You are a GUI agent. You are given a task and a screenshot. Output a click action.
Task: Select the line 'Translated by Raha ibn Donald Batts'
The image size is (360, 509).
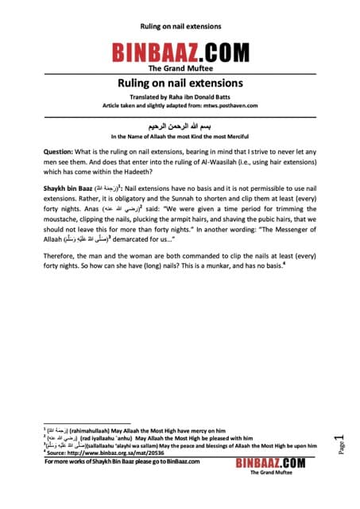(x=180, y=95)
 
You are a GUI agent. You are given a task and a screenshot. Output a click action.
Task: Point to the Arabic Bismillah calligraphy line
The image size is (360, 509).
(x=180, y=126)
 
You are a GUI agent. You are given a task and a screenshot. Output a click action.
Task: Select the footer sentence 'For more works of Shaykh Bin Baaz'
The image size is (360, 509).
(x=111, y=461)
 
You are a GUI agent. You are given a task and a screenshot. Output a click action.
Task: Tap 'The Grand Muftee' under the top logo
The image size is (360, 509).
(x=180, y=68)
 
